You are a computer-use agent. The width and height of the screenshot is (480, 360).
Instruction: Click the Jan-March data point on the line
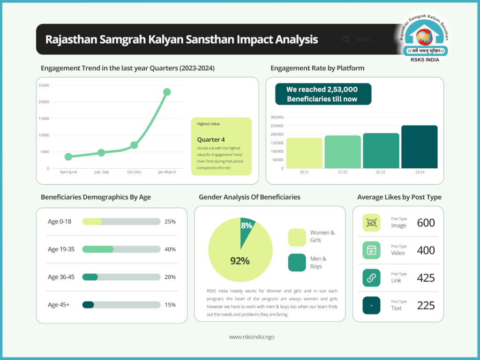(167, 92)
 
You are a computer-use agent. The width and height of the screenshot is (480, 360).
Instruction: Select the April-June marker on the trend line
(68, 157)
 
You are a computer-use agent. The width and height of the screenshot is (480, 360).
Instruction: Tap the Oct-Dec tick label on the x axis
(134, 172)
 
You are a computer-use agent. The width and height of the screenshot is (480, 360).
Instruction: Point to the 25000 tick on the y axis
(44, 85)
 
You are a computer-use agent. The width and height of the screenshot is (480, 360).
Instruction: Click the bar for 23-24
(419, 147)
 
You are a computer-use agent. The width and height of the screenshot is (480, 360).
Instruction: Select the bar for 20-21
(304, 153)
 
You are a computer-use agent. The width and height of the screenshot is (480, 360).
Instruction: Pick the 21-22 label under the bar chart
(343, 172)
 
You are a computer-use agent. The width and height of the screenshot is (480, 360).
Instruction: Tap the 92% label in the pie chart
(240, 261)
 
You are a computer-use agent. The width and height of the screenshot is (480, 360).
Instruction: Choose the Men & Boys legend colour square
(297, 262)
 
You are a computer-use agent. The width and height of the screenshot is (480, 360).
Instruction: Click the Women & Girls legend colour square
(297, 237)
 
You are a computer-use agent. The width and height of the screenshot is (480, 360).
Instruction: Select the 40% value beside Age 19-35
(170, 249)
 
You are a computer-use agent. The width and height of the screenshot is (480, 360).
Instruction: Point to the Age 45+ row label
(59, 305)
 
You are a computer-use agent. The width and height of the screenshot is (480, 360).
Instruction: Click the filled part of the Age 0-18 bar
(92, 222)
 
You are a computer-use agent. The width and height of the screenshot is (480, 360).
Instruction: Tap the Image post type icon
(371, 223)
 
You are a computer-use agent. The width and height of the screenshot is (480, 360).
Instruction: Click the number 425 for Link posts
(426, 278)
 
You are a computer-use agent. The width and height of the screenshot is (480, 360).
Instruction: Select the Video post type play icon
(371, 250)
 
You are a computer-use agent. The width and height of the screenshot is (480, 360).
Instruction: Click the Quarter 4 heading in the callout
(211, 140)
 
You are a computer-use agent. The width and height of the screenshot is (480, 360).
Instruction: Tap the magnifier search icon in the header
(346, 39)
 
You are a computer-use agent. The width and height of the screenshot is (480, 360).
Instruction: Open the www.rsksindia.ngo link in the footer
(251, 337)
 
